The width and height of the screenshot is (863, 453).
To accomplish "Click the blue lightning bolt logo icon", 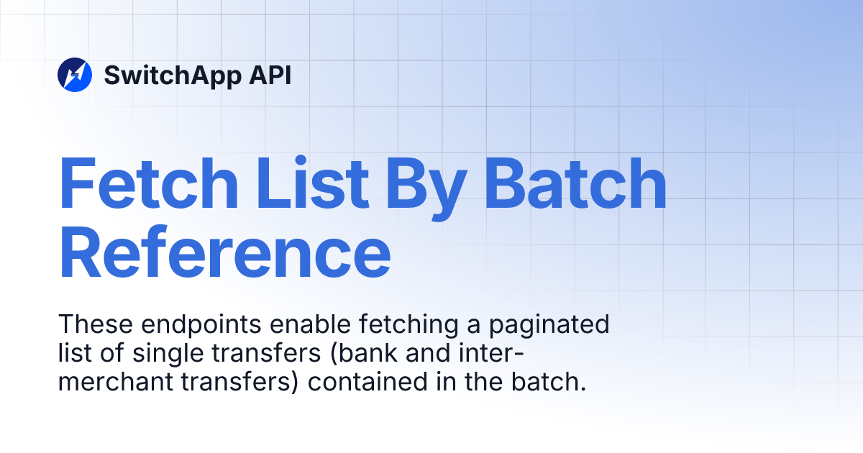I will tap(75, 75).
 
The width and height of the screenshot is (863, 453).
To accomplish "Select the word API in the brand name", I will tap(270, 75).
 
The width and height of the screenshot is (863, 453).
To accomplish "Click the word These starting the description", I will tap(95, 324).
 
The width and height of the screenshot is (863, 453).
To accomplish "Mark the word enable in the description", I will tap(301, 324).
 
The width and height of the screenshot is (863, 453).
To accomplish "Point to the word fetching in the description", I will tap(398, 325).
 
